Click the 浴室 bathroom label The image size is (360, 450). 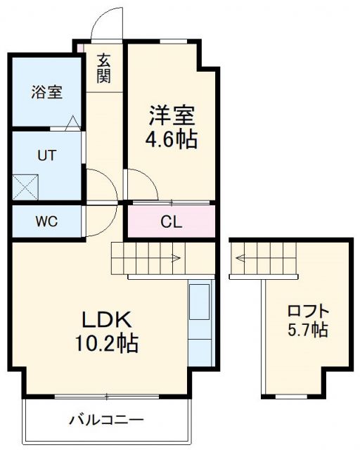pos(46,92)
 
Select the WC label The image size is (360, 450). pos(46,222)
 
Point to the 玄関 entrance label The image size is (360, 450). pos(104,67)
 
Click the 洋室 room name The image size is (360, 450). pos(171,114)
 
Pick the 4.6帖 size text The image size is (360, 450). pos(171,139)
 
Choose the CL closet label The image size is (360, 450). pos(171,223)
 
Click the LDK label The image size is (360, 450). pos(107,320)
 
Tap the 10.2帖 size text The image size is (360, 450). pos(107,344)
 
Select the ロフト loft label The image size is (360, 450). pos(307,310)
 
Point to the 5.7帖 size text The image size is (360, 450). pos(307,329)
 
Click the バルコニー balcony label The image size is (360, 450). pos(106,420)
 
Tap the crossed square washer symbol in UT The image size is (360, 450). pos(27,187)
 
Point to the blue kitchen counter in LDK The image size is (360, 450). pos(201,323)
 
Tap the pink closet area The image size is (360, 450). pos(171,222)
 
